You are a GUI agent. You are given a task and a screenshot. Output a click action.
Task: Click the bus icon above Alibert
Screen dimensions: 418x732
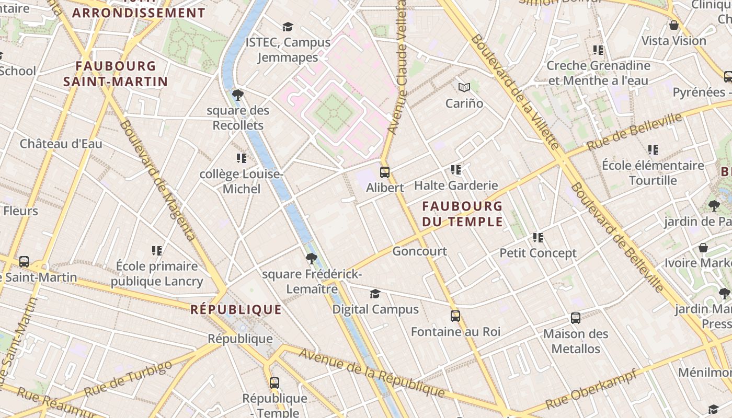385,172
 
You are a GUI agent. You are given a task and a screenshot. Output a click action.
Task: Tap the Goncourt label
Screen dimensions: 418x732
419,251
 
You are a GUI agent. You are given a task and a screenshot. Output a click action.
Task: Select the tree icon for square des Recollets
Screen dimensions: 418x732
238,95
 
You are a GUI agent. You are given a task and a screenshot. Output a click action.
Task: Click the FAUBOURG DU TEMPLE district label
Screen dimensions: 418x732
462,214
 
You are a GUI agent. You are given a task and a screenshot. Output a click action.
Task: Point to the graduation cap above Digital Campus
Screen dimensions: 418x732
375,294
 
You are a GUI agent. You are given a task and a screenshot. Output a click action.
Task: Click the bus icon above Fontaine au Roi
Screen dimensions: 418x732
455,316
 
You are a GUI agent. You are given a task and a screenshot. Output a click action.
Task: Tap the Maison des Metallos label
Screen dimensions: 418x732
576,341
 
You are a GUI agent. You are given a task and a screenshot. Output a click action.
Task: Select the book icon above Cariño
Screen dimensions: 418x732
464,87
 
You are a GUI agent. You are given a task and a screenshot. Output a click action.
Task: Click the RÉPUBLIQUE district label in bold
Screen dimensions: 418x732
236,309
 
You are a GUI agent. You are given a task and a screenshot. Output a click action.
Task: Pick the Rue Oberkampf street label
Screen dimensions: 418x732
591,390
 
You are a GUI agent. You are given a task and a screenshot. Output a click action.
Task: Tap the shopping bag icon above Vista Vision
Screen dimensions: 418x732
674,25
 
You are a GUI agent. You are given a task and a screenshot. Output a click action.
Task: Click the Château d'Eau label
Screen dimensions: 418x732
61,144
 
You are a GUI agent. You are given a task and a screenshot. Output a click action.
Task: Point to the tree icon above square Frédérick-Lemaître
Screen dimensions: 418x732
312,258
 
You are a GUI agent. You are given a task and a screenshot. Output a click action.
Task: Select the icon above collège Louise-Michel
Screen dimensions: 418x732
241,158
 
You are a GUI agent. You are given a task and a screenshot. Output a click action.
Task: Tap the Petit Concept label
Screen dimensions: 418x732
538,253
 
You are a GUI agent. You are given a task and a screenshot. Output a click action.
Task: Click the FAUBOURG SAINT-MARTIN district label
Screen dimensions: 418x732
116,74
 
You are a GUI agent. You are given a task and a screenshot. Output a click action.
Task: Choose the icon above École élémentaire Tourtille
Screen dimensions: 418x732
653,150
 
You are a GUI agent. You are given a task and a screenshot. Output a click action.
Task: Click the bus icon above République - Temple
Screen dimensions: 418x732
274,382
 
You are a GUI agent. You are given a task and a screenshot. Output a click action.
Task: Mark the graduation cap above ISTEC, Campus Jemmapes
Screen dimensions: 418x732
288,27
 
